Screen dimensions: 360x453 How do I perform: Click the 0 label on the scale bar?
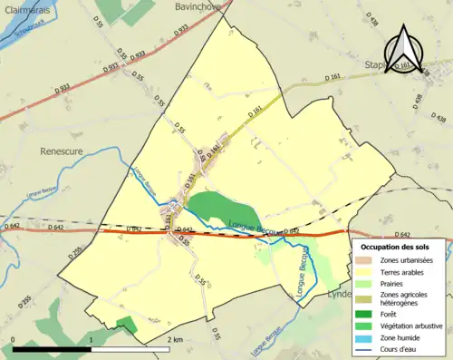(x=13, y=338)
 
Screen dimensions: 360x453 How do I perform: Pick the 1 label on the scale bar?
(x=92, y=338)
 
